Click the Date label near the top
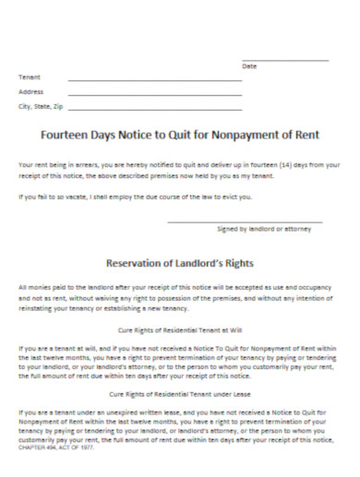[248, 67]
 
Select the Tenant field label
[30, 78]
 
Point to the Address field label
[31, 92]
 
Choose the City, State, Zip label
[41, 107]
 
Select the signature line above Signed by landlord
[244, 221]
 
